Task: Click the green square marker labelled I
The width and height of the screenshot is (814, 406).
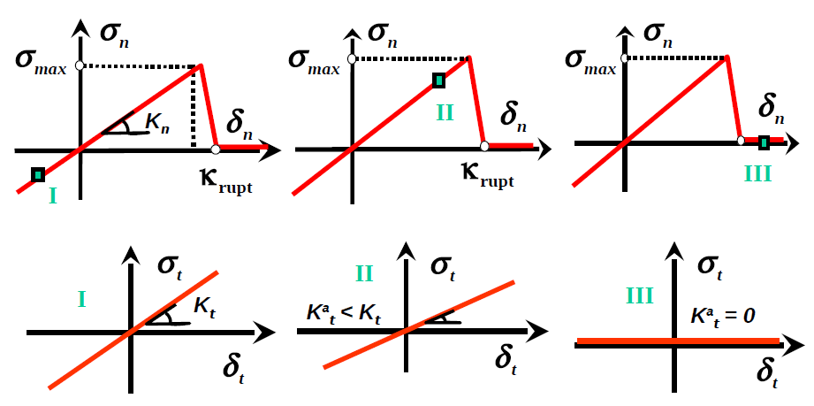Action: [x=37, y=174]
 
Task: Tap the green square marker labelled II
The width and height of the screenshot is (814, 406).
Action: [x=439, y=81]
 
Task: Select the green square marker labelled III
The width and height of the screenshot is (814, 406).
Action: [x=764, y=142]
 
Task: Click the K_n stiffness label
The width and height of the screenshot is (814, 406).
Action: [x=158, y=125]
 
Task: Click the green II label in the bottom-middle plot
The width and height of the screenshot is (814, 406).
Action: [x=364, y=273]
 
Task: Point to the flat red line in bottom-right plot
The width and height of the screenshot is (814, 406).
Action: [x=677, y=341]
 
